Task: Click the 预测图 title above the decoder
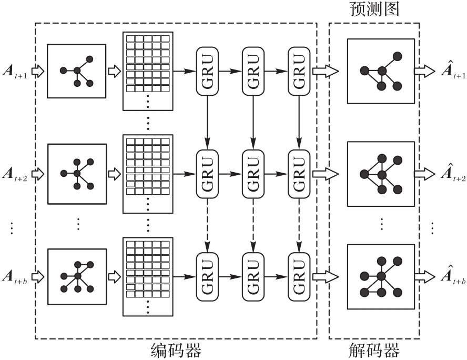374,9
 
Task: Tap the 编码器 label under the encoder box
176,350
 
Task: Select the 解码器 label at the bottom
374,350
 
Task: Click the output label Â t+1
453,71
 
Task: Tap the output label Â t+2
453,173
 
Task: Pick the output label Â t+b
453,275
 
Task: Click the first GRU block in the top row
207,71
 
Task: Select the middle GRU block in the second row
253,173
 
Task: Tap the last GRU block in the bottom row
299,275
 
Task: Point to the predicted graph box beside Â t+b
381,275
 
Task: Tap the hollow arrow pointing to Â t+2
424,173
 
